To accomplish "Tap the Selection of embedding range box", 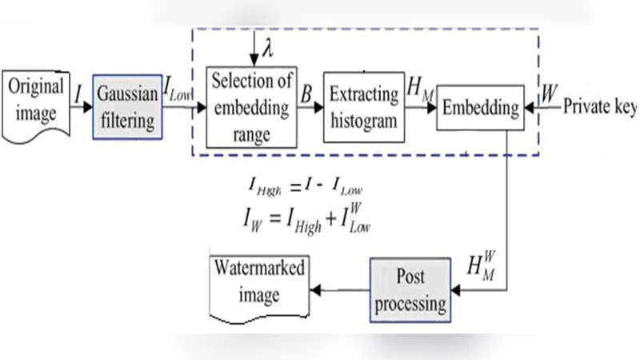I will (x=251, y=105).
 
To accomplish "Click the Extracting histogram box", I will (x=362, y=105).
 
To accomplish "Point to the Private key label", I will (x=600, y=106).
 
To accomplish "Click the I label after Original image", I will (x=79, y=97).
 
